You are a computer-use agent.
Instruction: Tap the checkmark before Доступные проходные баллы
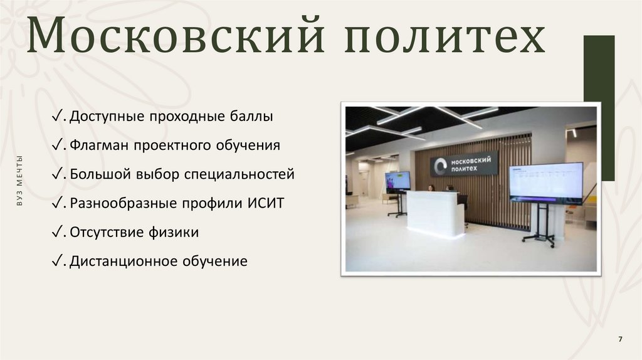57,117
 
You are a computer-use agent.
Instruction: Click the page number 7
620,339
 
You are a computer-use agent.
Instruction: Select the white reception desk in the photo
435,213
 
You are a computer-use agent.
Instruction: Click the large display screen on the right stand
545,181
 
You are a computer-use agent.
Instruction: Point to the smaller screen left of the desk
397,181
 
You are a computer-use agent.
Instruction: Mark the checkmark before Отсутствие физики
57,232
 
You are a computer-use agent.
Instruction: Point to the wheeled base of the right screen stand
539,238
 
